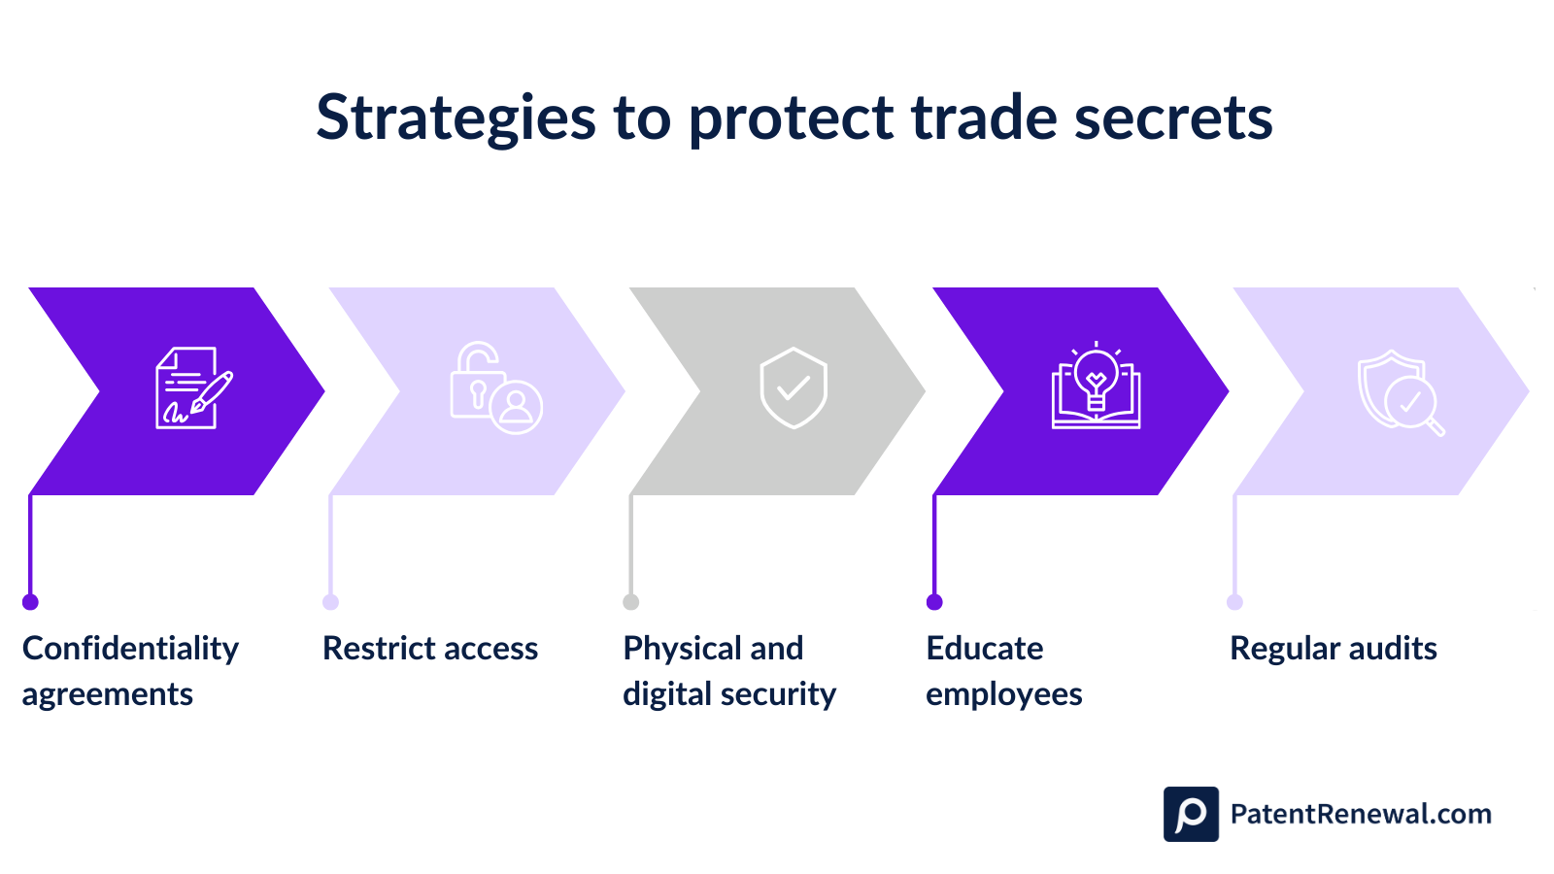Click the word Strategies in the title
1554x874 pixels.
pyautogui.click(x=455, y=118)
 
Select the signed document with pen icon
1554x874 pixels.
pyautogui.click(x=193, y=388)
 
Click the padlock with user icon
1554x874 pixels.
pyautogui.click(x=495, y=388)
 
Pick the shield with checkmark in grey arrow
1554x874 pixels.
pyautogui.click(x=794, y=388)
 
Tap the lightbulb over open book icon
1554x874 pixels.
pyautogui.click(x=1096, y=387)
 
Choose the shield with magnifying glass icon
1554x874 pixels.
pyautogui.click(x=1399, y=392)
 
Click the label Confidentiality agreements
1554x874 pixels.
pyautogui.click(x=130, y=671)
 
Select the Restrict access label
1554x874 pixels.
pyautogui.click(x=430, y=649)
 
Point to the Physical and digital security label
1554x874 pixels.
pyautogui.click(x=728, y=671)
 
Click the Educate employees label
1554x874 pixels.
pyautogui.click(x=1003, y=671)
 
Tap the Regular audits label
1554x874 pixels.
pyautogui.click(x=1334, y=649)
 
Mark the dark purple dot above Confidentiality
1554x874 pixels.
pyautogui.click(x=30, y=602)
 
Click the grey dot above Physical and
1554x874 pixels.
pyautogui.click(x=631, y=602)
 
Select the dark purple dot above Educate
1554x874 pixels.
pyautogui.click(x=934, y=602)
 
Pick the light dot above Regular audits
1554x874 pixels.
pyautogui.click(x=1234, y=602)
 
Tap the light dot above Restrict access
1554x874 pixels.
pyautogui.click(x=330, y=602)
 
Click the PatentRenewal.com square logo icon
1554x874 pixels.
pyautogui.click(x=1191, y=814)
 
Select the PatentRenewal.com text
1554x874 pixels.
pyautogui.click(x=1360, y=814)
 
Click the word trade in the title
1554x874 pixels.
pyautogui.click(x=983, y=118)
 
